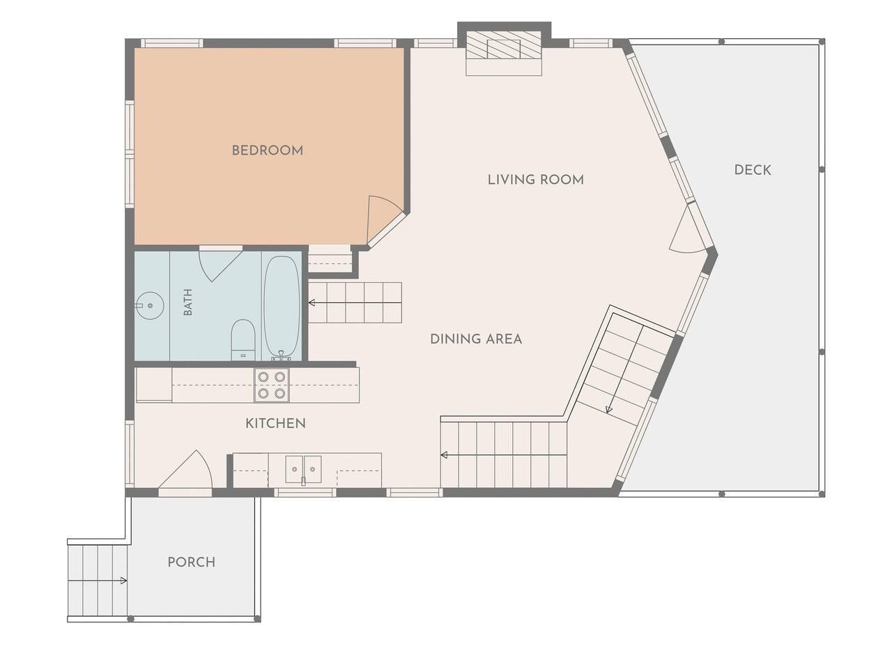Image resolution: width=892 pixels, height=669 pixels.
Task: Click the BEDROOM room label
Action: click(x=268, y=151)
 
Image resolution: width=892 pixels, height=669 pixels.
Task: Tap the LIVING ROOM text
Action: click(x=536, y=180)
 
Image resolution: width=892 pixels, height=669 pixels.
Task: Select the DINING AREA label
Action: click(x=476, y=339)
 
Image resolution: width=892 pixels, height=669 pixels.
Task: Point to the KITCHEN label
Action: click(x=275, y=423)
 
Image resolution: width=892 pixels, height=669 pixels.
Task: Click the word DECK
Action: click(x=753, y=170)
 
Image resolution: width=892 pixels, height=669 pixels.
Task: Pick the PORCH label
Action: click(x=192, y=562)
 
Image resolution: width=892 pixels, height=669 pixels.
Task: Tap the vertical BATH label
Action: click(x=187, y=302)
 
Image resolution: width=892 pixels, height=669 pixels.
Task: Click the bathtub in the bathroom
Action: click(x=282, y=307)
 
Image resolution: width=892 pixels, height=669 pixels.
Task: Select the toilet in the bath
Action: click(x=243, y=339)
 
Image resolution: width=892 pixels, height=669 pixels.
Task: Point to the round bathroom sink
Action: click(x=150, y=305)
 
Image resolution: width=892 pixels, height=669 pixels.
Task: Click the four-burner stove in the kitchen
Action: click(x=272, y=385)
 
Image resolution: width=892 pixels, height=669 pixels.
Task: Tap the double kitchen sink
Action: click(x=303, y=469)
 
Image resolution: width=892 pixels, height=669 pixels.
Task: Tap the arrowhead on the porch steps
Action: click(x=123, y=580)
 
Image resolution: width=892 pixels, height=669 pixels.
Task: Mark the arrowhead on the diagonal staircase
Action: click(x=608, y=410)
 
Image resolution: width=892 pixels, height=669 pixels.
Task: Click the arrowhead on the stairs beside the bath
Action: click(x=312, y=302)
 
